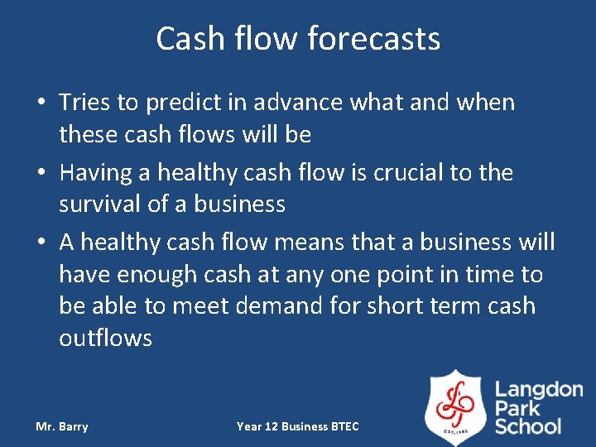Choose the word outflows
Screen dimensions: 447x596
pos(105,338)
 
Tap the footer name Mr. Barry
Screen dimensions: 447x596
pos(62,426)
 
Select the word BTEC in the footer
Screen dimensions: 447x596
pos(344,426)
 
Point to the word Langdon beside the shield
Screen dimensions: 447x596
pos(539,391)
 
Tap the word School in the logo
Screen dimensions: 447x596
pos(527,427)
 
